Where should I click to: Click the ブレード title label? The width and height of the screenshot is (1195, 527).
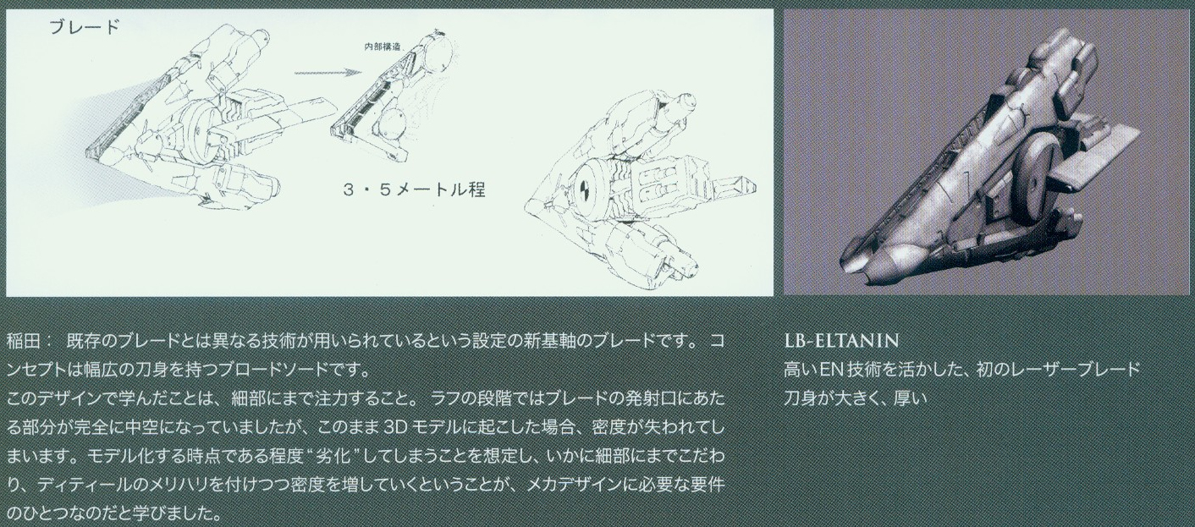[85, 27]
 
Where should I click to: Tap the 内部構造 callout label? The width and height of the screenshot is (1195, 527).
[383, 47]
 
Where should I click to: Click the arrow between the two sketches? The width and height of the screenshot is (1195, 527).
[324, 73]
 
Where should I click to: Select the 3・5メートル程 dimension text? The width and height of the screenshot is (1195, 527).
[414, 190]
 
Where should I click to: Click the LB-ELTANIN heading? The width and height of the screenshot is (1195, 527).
[841, 340]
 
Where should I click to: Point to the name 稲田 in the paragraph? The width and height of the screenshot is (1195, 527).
[24, 341]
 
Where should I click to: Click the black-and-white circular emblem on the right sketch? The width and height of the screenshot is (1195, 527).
[585, 188]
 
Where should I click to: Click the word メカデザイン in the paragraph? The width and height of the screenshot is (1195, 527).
[576, 486]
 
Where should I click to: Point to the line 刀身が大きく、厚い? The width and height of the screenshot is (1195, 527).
[855, 398]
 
